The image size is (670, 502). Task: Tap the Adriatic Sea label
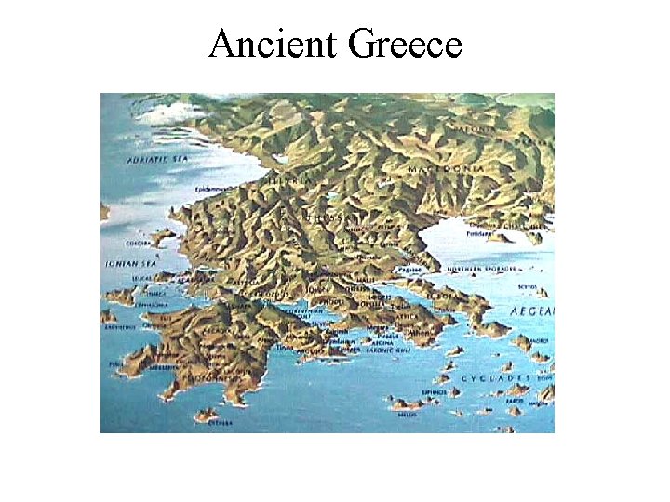pyautogui.click(x=156, y=160)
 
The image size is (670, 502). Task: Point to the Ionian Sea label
pyautogui.click(x=127, y=264)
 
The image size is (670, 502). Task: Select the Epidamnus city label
pyautogui.click(x=212, y=190)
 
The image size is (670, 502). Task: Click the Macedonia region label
pyautogui.click(x=447, y=169)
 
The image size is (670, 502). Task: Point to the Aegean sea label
pyautogui.click(x=531, y=310)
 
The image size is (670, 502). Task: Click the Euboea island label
pyautogui.click(x=438, y=298)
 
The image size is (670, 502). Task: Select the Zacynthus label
pyautogui.click(x=121, y=327)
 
